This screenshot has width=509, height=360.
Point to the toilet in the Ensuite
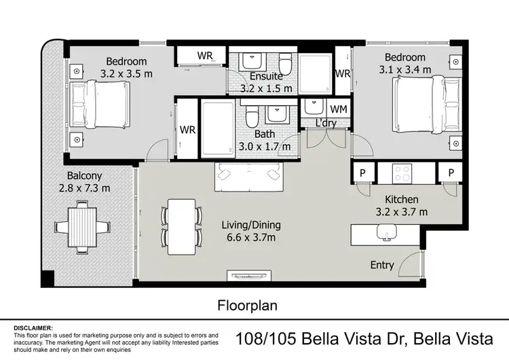pyautogui.click(x=287, y=65)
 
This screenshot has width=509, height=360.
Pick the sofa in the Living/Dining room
pyautogui.click(x=248, y=178)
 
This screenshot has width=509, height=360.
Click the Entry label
pyautogui.click(x=382, y=265)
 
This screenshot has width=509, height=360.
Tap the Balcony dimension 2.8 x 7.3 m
pyautogui.click(x=85, y=188)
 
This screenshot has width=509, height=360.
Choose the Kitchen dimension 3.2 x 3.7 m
pyautogui.click(x=402, y=211)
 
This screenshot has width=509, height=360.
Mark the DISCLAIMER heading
pyautogui.click(x=33, y=327)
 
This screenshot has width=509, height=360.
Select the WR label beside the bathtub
pyautogui.click(x=187, y=130)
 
